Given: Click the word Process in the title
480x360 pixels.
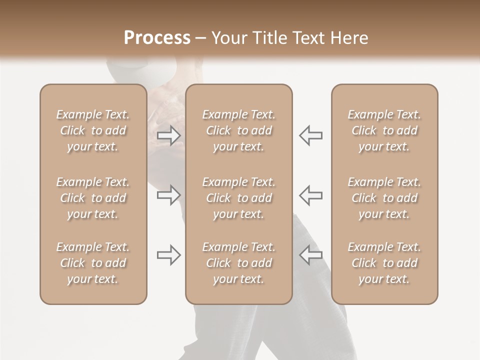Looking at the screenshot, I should (x=157, y=38).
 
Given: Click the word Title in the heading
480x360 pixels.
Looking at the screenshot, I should (x=270, y=38).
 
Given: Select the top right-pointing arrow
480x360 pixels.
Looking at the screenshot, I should (x=169, y=135).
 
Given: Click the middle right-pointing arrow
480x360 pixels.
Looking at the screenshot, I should (x=169, y=195).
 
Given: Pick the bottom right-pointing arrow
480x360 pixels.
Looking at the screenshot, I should (x=169, y=255).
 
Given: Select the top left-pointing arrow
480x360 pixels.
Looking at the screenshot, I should (x=310, y=135).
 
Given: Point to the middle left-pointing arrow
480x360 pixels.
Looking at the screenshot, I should (x=310, y=195).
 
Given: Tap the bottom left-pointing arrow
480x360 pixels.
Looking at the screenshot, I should (x=310, y=255).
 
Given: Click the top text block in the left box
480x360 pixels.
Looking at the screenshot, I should (x=93, y=130).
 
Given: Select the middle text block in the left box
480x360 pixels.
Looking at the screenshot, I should (x=93, y=198).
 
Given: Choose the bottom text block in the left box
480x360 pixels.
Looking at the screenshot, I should (x=93, y=263).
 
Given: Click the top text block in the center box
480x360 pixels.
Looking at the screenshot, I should (x=238, y=130).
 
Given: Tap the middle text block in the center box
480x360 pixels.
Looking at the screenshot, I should (x=238, y=198).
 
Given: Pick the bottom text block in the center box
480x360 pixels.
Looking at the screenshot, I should (x=238, y=263).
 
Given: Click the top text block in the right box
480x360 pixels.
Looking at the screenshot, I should (x=384, y=130).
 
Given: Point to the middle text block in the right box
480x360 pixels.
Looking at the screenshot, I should (x=384, y=198).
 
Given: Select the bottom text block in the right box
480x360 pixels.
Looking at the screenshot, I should (x=384, y=263).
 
